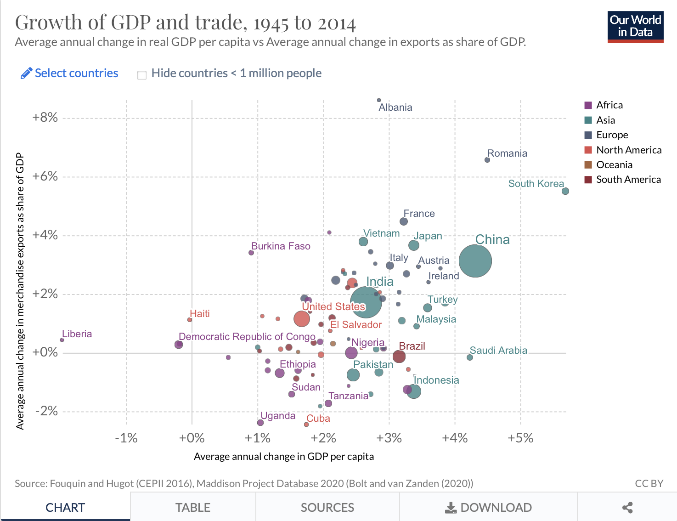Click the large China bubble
point(475,261)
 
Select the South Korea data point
point(565,191)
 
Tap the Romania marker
point(487,160)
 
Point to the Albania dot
point(379,100)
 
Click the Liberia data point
point(62,340)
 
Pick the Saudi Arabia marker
point(470,357)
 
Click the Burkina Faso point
point(251,253)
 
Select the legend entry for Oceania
point(614,165)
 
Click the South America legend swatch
point(588,180)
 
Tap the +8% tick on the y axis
point(45,118)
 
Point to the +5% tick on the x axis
point(520,438)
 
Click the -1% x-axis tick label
point(126,438)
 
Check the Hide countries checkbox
point(142,75)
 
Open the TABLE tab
point(193,507)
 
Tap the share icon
point(627,507)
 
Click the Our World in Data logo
point(635,27)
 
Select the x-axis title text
point(284,456)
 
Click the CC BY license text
point(649,483)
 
